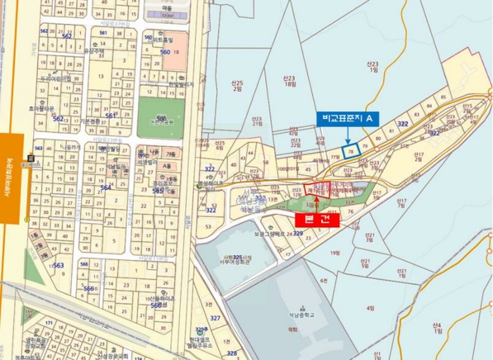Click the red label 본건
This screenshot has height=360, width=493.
[317, 219]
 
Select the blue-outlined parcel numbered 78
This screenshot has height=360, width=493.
[350, 151]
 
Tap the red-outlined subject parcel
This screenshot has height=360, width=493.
[316, 191]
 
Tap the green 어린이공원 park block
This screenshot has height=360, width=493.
[161, 116]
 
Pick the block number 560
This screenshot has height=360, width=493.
[165, 52]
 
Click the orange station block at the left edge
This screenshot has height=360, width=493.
[11, 179]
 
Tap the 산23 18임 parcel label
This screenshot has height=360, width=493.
[289, 82]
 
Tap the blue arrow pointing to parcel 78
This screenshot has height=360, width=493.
[347, 136]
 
